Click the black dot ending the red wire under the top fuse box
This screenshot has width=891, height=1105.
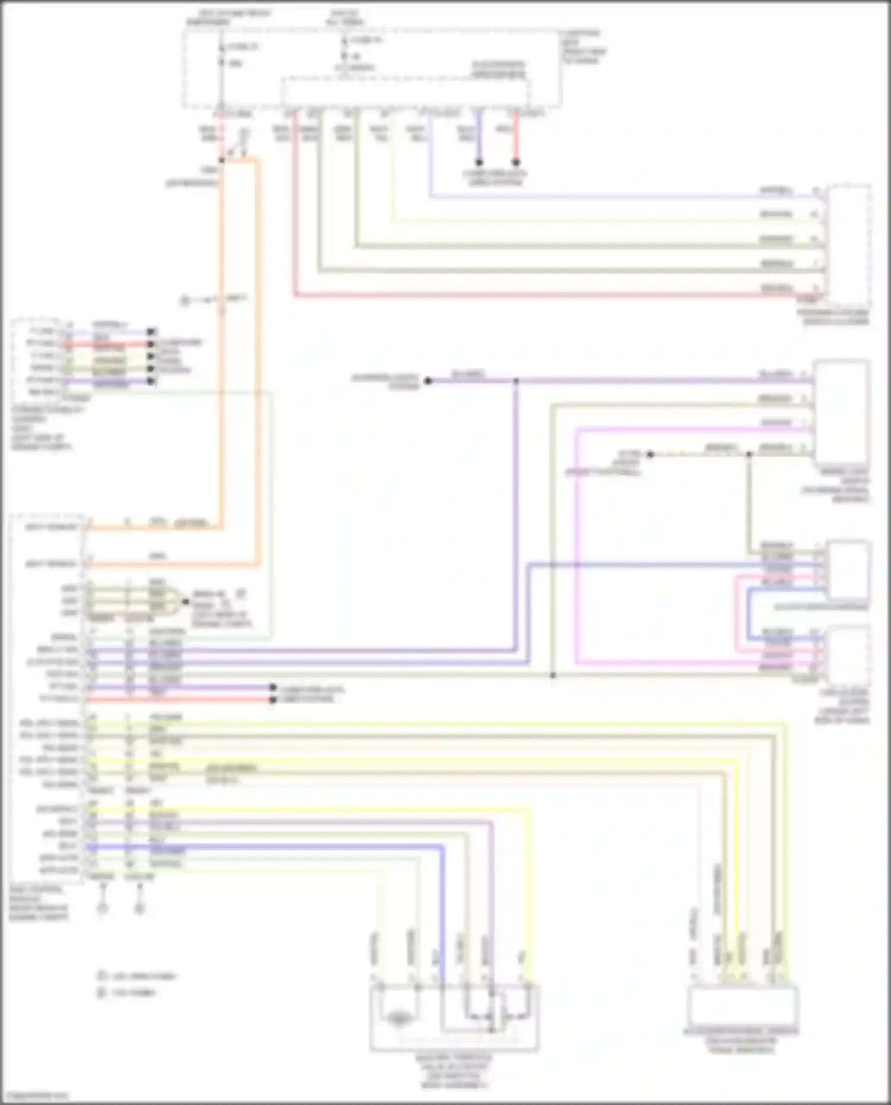pyautogui.click(x=516, y=162)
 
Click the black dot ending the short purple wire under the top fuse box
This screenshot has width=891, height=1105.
pyautogui.click(x=479, y=162)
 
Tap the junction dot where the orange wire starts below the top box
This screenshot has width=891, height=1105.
pyautogui.click(x=222, y=160)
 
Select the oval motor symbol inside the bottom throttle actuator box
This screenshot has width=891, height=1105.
pyautogui.click(x=399, y=1019)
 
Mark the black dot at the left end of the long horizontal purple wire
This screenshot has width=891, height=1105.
pyautogui.click(x=428, y=381)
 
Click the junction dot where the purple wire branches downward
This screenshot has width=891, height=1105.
pyautogui.click(x=516, y=381)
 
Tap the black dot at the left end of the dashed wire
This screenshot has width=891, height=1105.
pyautogui.click(x=650, y=455)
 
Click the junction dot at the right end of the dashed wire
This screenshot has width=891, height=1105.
pyautogui.click(x=748, y=455)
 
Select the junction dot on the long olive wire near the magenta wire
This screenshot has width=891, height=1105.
pyautogui.click(x=552, y=675)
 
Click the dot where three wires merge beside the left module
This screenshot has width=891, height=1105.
pyautogui.click(x=185, y=601)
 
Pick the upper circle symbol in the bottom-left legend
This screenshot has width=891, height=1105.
pyautogui.click(x=102, y=976)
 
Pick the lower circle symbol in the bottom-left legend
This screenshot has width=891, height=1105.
pyautogui.click(x=102, y=992)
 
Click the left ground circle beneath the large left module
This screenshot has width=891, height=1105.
pyautogui.click(x=103, y=908)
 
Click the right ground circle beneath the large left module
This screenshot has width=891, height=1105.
pyautogui.click(x=140, y=908)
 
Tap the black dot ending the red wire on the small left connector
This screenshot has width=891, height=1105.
pyautogui.click(x=151, y=344)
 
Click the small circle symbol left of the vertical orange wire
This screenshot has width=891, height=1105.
pyautogui.click(x=185, y=301)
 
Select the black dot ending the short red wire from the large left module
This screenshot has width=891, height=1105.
pyautogui.click(x=273, y=700)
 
